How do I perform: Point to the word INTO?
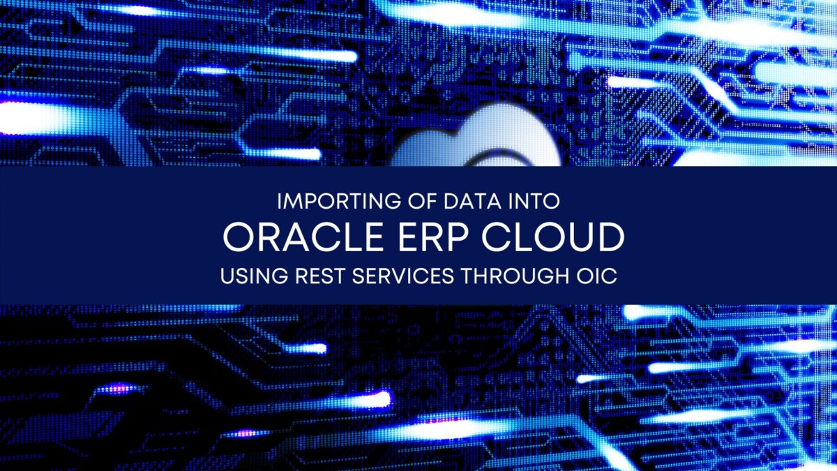(534, 202)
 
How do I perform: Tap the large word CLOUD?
(553, 237)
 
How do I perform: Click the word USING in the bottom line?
(254, 276)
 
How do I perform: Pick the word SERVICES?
(403, 276)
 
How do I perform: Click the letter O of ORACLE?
(238, 237)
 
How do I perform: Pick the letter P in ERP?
(458, 237)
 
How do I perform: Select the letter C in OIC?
(609, 276)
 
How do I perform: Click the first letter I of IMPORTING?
(279, 202)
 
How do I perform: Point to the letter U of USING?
(227, 276)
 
